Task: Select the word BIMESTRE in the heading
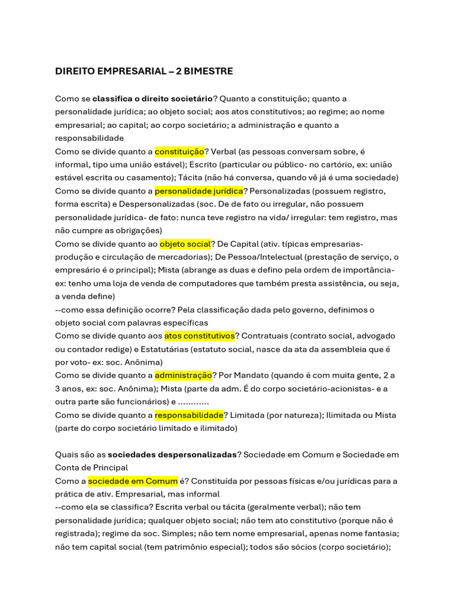(x=209, y=72)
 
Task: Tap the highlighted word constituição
(x=180, y=151)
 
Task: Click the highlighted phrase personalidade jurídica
(x=199, y=191)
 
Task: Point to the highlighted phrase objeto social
(x=185, y=244)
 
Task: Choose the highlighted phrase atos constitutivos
(x=200, y=336)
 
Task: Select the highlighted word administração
(x=183, y=376)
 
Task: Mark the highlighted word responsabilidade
(x=189, y=415)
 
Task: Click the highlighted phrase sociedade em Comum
(x=133, y=481)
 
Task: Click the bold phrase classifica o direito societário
(x=153, y=99)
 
